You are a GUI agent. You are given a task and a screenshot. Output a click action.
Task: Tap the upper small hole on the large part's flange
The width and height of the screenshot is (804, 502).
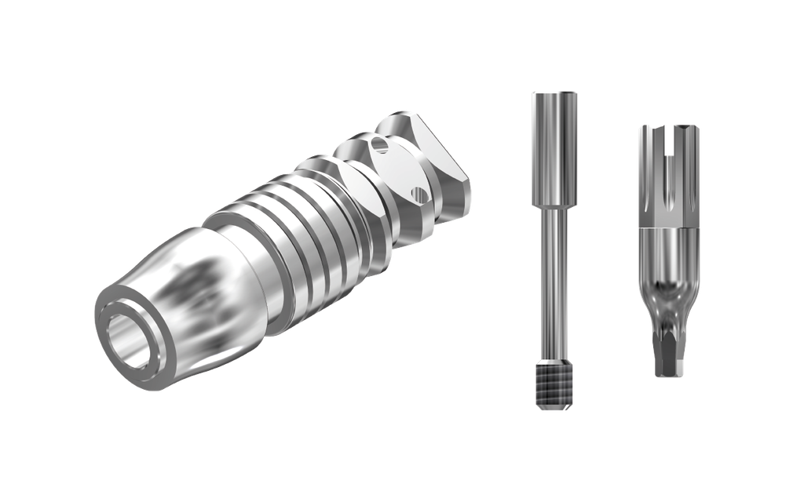381,144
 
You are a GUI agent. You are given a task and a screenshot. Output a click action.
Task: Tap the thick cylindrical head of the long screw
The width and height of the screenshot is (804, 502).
554,149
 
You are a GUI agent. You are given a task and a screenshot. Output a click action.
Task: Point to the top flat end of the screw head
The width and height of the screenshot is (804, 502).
554,93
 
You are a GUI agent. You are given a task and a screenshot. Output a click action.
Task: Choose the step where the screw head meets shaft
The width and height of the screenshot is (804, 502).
554,206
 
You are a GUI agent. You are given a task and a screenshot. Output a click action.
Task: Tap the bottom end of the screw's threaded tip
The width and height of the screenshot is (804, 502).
554,407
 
